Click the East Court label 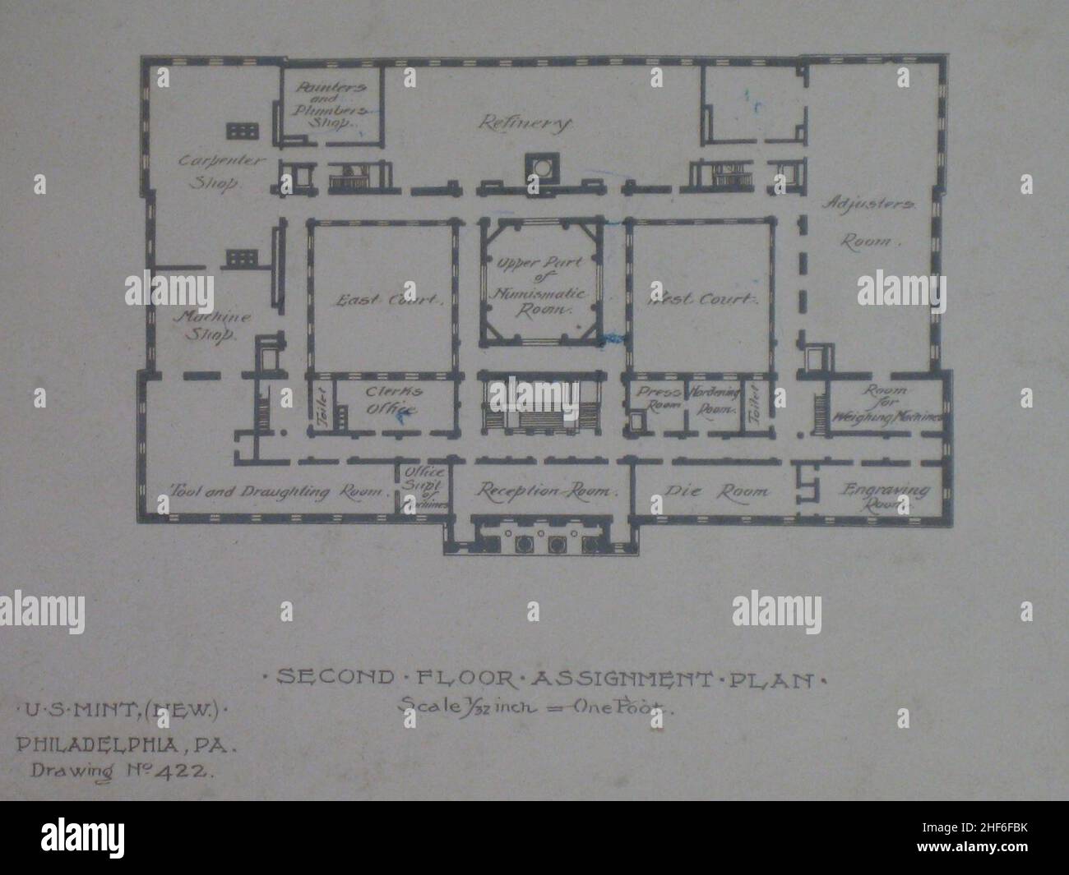pyautogui.click(x=387, y=301)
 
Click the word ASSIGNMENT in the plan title pyautogui.click(x=620, y=679)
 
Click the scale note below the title pyautogui.click(x=536, y=705)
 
